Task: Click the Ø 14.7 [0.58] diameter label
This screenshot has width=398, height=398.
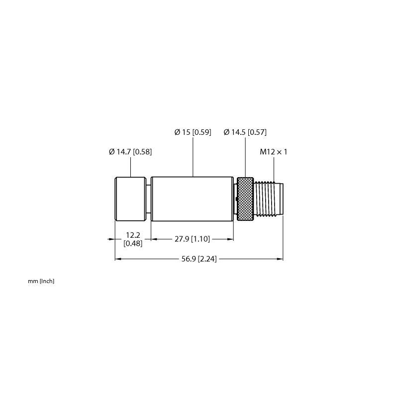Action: (x=130, y=152)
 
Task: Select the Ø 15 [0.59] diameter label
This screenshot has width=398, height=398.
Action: (x=193, y=132)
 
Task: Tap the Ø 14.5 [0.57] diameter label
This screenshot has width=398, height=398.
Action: (x=245, y=132)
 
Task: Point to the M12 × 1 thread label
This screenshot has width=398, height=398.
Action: (x=273, y=152)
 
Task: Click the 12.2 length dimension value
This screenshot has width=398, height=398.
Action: (x=133, y=235)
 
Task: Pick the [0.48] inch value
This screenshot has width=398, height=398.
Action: (x=133, y=243)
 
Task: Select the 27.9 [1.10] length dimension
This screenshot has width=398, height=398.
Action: (x=192, y=239)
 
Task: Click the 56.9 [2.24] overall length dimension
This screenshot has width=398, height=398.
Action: (x=199, y=259)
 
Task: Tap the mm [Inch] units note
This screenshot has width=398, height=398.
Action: (x=41, y=281)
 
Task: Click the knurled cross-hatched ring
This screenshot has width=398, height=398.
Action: (x=245, y=199)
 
